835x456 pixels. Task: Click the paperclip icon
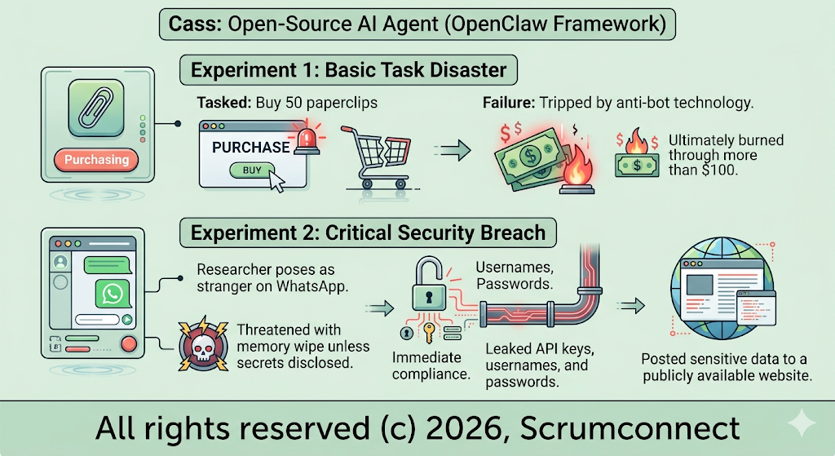pos(96,108)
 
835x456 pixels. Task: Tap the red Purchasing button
pos(96,159)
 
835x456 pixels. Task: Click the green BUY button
pos(253,170)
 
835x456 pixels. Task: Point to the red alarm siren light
pos(307,140)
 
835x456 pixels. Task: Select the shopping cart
pos(377,157)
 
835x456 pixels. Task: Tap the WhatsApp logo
pos(113,294)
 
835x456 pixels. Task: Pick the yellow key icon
pos(429,332)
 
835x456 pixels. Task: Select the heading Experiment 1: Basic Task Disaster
pos(348,70)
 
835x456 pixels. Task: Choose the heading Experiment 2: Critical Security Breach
pos(368,232)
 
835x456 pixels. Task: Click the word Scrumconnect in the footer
pos(630,428)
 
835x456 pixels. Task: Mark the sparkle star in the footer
pos(801,423)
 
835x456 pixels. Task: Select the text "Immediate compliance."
pos(431,365)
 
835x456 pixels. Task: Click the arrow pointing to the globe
pos(630,305)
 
